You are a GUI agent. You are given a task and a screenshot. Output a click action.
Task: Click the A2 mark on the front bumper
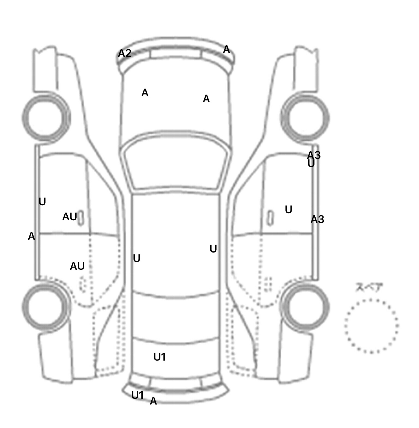[125, 53]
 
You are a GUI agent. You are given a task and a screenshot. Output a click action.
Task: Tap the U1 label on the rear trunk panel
[160, 357]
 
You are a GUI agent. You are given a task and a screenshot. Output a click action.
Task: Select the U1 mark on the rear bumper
[137, 395]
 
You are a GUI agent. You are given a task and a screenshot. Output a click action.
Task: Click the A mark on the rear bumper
[153, 401]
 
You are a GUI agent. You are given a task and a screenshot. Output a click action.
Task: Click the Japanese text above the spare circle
[369, 287]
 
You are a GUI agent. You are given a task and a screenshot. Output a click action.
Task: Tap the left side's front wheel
[46, 117]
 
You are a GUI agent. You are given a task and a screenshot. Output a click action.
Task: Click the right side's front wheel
[305, 118]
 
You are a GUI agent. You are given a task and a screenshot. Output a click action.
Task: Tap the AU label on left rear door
[77, 266]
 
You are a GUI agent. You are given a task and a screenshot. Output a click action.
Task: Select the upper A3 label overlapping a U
[314, 155]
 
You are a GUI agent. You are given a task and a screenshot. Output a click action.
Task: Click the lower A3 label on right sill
[317, 219]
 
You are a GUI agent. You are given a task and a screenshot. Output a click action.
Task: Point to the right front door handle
[270, 218]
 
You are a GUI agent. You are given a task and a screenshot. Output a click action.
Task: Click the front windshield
[176, 164]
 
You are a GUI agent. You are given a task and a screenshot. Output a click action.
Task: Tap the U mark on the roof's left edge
[136, 258]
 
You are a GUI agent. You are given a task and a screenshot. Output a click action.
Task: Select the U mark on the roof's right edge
[213, 249]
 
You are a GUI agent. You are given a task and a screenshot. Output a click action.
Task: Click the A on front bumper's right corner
[226, 50]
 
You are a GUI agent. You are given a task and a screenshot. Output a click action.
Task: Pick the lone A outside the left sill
[31, 236]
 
